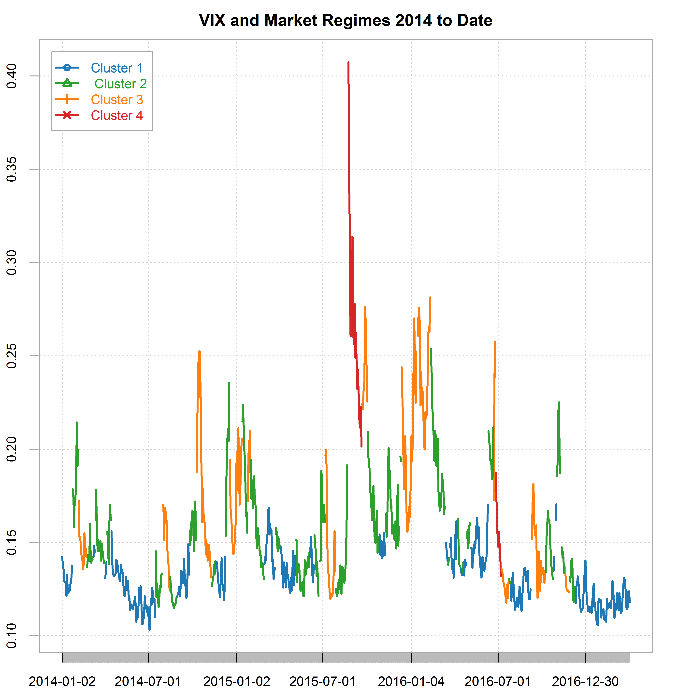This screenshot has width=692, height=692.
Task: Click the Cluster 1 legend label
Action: [x=117, y=68]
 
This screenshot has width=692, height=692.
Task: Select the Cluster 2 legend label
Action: [x=120, y=84]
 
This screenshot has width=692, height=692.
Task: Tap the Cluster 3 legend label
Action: [x=117, y=100]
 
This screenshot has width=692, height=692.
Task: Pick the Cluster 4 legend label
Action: [x=117, y=115]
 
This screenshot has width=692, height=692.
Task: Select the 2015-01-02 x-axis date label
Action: [x=237, y=681]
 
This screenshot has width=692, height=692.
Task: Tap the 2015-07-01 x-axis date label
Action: [x=323, y=681]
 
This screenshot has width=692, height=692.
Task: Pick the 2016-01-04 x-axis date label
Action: [x=411, y=681]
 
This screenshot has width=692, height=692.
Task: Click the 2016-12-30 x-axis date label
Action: [x=585, y=681]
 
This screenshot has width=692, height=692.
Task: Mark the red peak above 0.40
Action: [x=348, y=63]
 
